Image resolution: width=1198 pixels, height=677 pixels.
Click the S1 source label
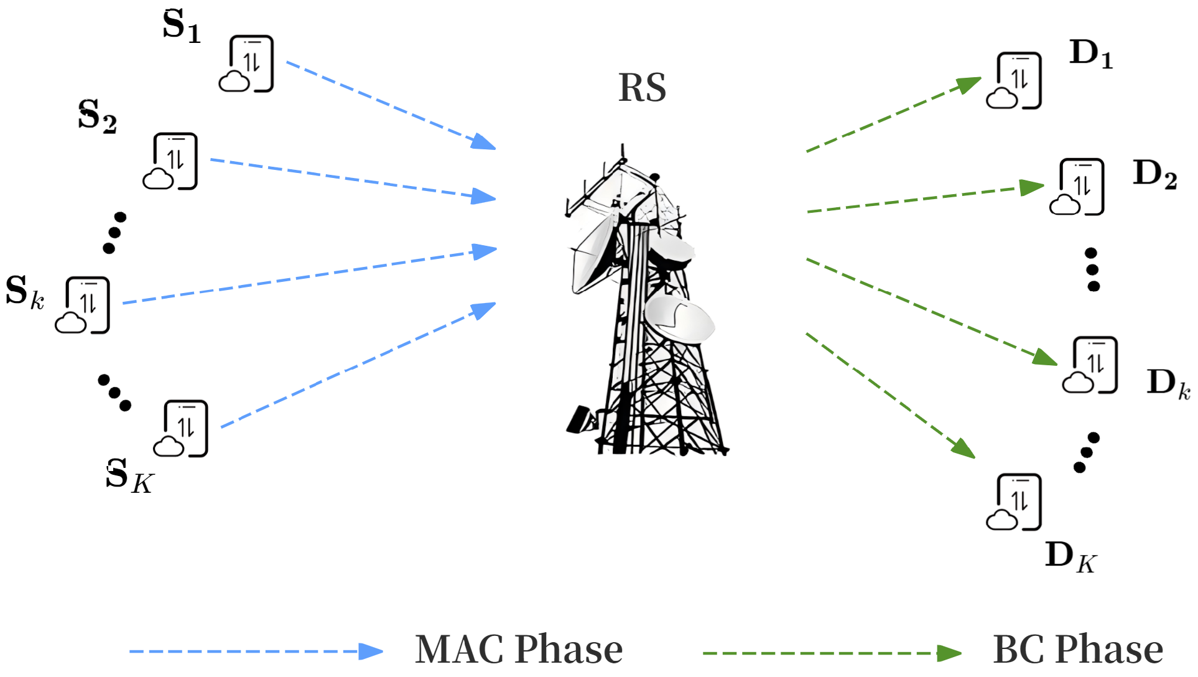click(x=182, y=26)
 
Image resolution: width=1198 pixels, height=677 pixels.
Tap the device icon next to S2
click(x=171, y=161)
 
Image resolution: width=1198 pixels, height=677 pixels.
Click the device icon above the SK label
click(x=181, y=429)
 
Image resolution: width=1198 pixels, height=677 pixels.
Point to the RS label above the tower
click(x=642, y=88)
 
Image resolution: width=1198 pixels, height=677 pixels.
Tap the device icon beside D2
click(x=1077, y=187)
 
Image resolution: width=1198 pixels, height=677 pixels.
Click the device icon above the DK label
click(x=1015, y=502)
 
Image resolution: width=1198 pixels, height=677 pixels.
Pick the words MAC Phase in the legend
click(x=519, y=650)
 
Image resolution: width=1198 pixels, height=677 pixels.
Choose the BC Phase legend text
click(x=1078, y=650)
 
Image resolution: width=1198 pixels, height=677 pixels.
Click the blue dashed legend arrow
click(x=256, y=651)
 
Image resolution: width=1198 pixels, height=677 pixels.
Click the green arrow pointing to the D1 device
click(x=893, y=114)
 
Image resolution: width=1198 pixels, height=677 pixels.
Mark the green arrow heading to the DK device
click(x=890, y=395)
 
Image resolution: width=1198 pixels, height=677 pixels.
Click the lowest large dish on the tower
click(x=679, y=319)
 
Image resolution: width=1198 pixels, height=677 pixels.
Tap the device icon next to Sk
click(x=83, y=305)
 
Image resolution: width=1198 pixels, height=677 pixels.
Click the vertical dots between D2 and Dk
click(x=1092, y=269)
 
